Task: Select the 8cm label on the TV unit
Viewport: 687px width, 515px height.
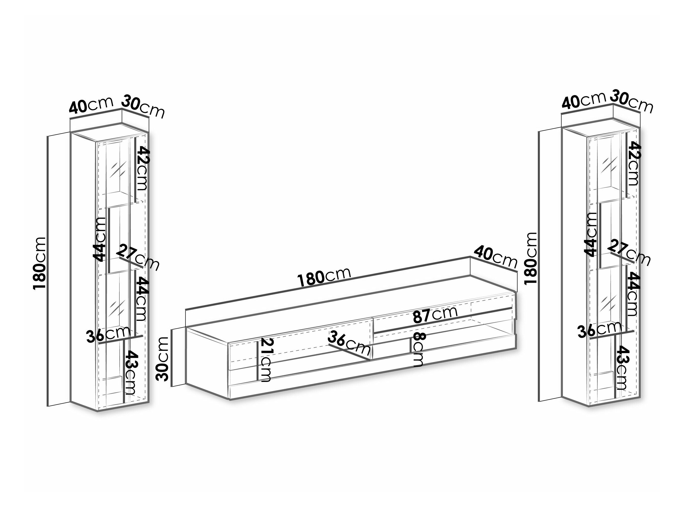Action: tap(418, 349)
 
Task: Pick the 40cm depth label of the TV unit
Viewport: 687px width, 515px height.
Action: tap(495, 257)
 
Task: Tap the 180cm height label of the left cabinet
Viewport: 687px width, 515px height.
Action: tap(39, 263)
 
